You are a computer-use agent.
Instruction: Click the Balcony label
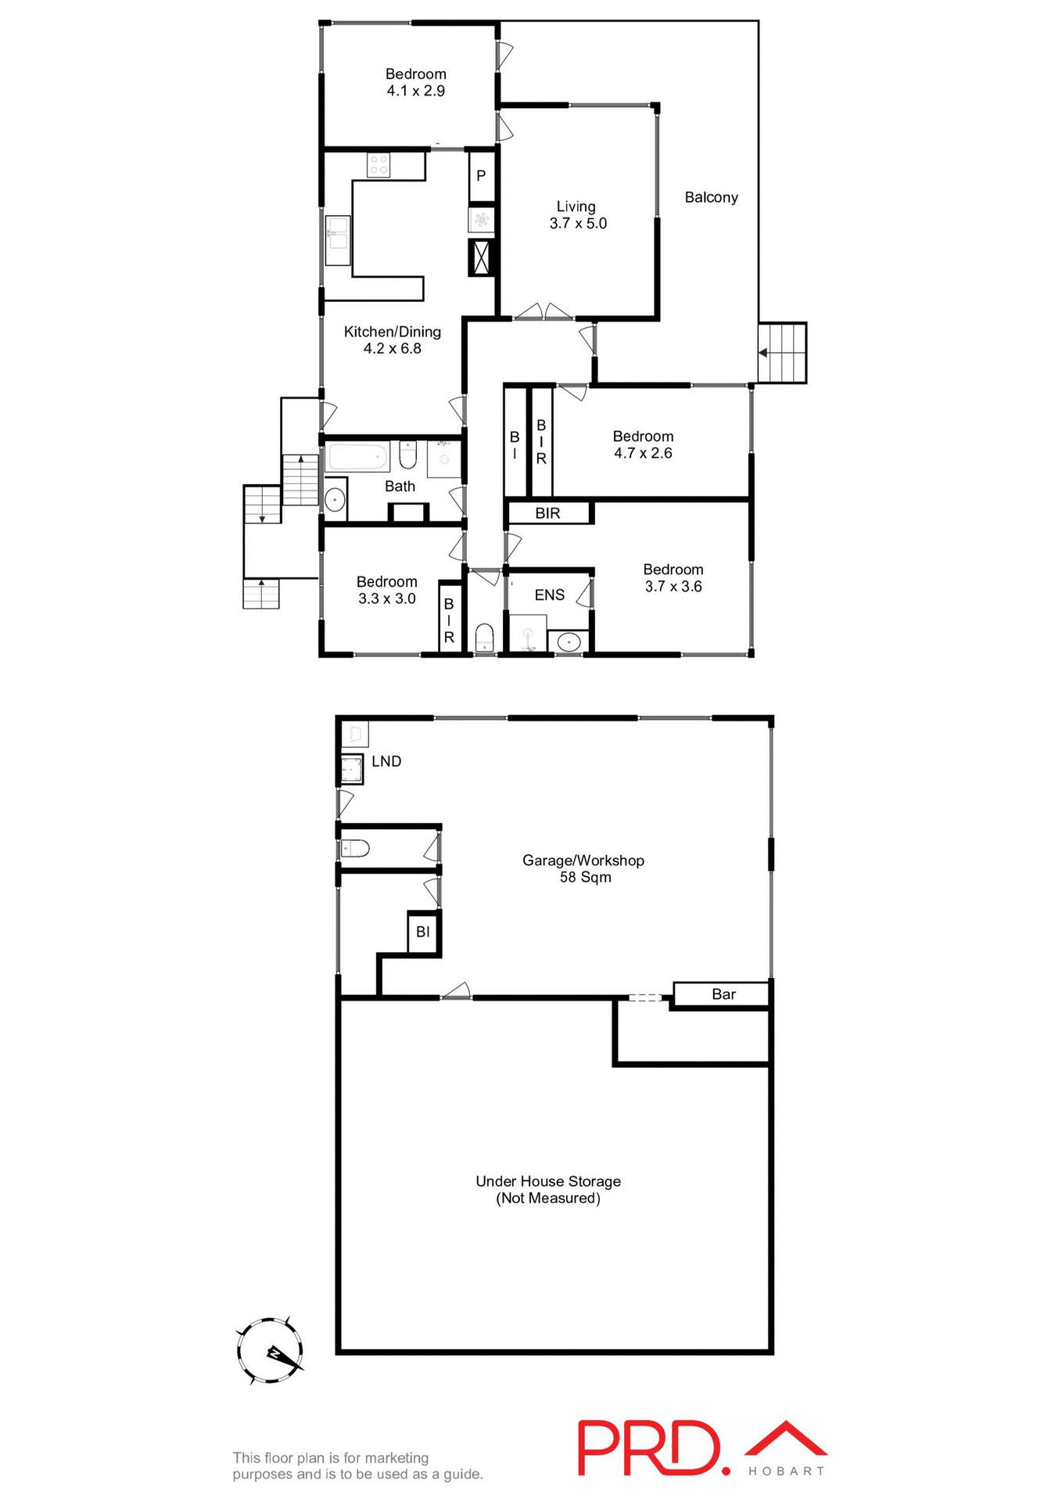point(711,197)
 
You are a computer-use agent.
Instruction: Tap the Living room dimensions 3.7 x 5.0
point(578,224)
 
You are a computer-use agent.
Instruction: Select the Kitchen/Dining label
point(392,332)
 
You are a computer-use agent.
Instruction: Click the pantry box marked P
point(481,176)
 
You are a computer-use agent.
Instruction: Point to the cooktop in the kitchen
point(379,165)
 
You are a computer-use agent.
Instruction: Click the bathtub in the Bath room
point(358,456)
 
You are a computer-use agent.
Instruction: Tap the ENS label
point(549,595)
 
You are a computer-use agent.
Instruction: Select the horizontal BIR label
point(547,513)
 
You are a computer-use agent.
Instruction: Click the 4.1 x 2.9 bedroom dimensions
point(415,91)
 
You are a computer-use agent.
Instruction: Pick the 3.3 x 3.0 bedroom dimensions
point(386,598)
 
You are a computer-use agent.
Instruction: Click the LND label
point(386,761)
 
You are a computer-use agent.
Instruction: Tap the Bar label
point(723,994)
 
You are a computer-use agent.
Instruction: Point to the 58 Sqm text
point(585,877)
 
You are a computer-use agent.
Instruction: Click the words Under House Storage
point(547,1181)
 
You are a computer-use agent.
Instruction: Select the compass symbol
point(271,1351)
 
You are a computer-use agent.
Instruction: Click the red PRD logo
point(650,1448)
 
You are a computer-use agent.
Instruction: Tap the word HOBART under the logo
point(786,1471)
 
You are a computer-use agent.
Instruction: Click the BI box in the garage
point(423,932)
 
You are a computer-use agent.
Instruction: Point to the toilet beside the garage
point(356,848)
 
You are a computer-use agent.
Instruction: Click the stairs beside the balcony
point(783,353)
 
